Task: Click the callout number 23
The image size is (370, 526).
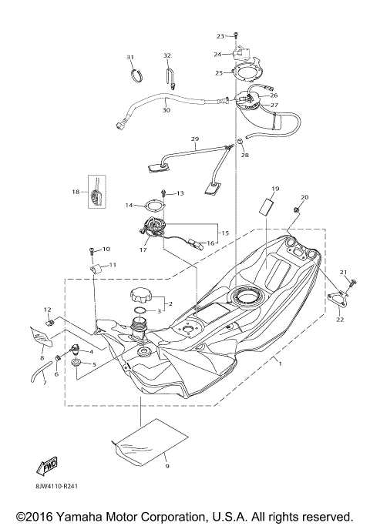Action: [x=220, y=36]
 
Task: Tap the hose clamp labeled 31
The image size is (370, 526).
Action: [x=136, y=75]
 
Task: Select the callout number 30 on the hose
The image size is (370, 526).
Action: [x=166, y=110]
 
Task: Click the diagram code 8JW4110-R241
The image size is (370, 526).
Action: [x=56, y=486]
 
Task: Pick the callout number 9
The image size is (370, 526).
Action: [x=165, y=466]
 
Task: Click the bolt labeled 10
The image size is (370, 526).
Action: [x=93, y=250]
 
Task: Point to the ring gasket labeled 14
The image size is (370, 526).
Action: [x=152, y=205]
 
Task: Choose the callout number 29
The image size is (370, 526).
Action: [x=195, y=139]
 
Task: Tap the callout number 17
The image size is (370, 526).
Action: [x=143, y=250]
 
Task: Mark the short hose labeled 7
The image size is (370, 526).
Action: [x=37, y=375]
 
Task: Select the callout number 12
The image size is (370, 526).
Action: [x=46, y=310]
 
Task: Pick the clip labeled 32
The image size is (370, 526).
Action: [x=169, y=73]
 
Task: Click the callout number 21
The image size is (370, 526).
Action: [x=345, y=272]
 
